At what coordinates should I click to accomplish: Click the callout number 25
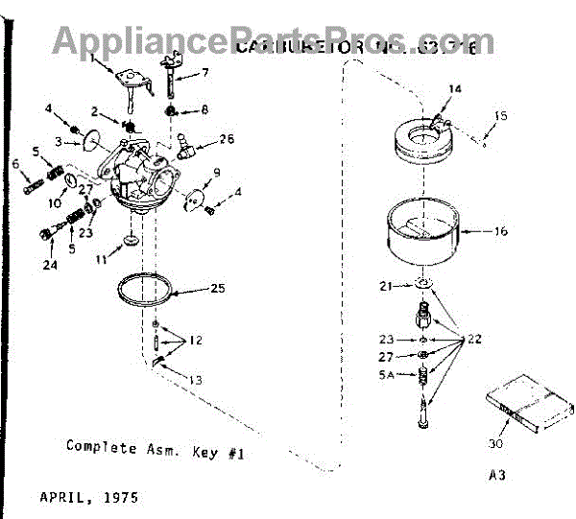point(219,287)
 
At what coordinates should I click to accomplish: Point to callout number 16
point(501,232)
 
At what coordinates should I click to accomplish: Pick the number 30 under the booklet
point(496,444)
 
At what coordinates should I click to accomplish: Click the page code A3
point(496,475)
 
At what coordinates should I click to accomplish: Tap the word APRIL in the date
point(62,498)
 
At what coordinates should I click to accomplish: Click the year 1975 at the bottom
point(120,498)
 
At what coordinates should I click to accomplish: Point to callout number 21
point(386,286)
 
